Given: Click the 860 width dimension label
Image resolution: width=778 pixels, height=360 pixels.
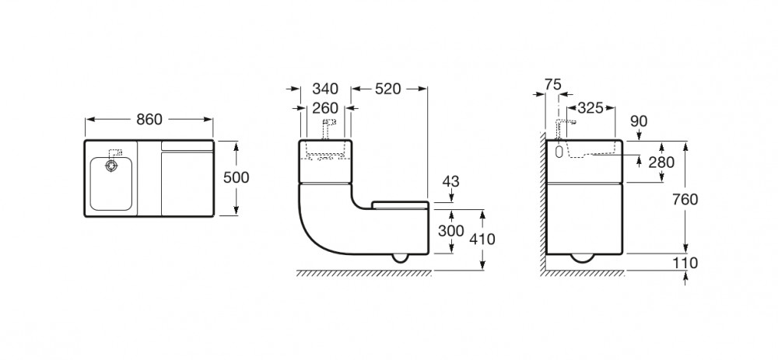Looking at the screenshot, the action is point(149,120).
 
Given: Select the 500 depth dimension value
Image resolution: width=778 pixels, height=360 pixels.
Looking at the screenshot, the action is point(237,177).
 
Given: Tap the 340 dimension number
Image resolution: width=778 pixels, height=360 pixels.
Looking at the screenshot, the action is point(325,89).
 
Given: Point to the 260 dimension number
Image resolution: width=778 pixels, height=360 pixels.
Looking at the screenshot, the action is point(325,107).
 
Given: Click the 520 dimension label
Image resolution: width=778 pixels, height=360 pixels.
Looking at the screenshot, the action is point(387,89).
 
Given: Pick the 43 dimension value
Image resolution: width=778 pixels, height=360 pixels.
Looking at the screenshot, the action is point(450,181).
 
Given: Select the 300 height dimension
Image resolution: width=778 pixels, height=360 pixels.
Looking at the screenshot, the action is point(451,231).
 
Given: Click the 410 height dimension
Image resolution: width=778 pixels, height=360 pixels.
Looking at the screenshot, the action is point(482,239).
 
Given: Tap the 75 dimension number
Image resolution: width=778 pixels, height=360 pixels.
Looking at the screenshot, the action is point(552,85).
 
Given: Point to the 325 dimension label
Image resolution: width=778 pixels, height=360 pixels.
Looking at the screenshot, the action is point(590,107).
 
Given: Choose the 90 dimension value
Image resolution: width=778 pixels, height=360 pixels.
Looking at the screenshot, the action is point(639,121).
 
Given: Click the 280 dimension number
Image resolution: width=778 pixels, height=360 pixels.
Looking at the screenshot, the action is point(661,163).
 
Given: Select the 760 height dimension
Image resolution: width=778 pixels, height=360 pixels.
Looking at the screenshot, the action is point(685,199).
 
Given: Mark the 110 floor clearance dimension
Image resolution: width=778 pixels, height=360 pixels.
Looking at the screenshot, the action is point(685,264).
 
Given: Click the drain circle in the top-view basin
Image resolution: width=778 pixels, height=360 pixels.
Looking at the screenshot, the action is point(110,166).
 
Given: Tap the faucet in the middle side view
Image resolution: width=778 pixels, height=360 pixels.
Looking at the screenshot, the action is point(328,128).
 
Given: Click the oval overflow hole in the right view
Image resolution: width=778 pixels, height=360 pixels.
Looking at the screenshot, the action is point(559,152).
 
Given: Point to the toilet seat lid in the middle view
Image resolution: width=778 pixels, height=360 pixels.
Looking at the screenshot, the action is point(400,205).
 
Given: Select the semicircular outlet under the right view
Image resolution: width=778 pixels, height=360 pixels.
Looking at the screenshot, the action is point(584,258).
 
